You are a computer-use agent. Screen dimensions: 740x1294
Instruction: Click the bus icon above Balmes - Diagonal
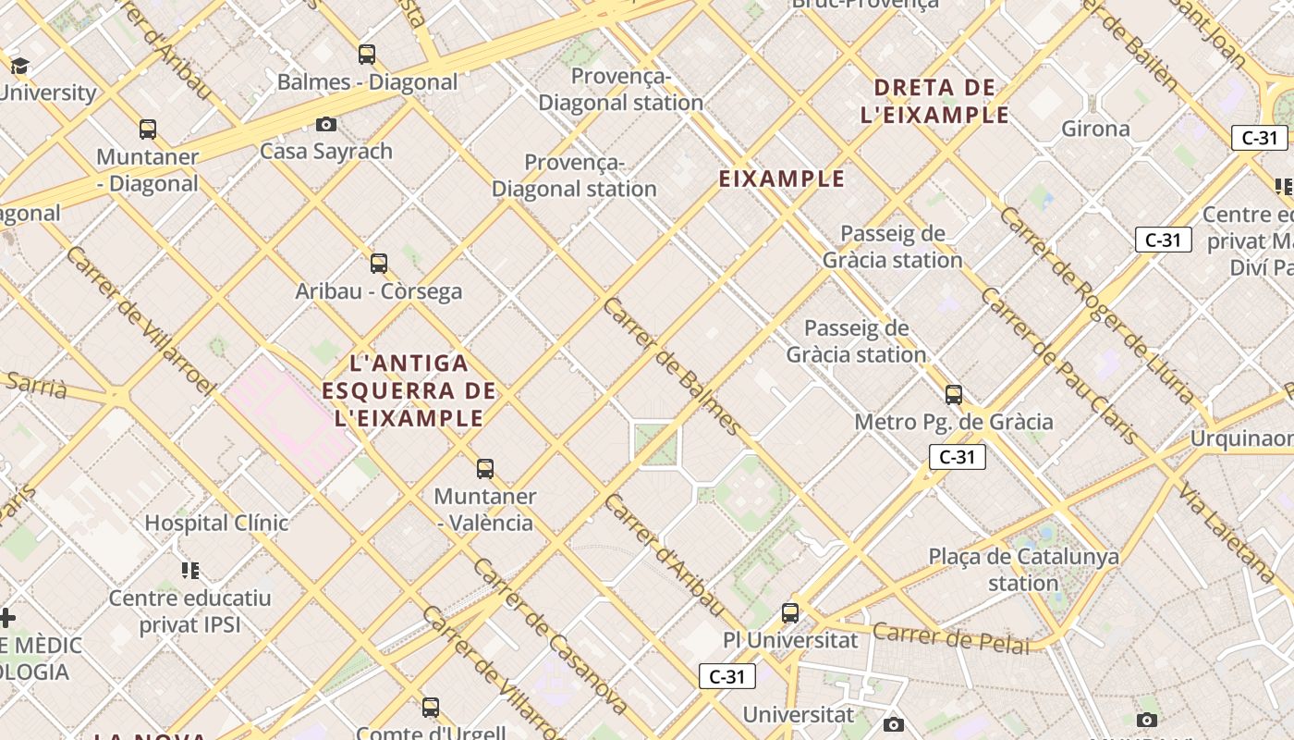[367, 54]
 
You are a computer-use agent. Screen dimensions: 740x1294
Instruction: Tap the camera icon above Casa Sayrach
[326, 124]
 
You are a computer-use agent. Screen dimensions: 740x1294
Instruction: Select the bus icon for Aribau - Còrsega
[379, 263]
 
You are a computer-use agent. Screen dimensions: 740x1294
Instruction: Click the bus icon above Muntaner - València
[485, 468]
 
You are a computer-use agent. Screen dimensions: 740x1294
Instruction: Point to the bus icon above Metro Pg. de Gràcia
[954, 395]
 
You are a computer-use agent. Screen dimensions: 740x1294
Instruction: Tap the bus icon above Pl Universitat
[790, 612]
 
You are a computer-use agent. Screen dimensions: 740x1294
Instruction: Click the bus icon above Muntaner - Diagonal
[148, 129]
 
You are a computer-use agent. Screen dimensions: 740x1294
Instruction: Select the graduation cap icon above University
[20, 66]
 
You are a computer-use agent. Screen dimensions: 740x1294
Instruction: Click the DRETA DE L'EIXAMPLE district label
[934, 102]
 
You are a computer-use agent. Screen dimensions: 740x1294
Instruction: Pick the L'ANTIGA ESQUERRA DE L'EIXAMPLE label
[409, 390]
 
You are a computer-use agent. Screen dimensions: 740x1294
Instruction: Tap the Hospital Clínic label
[216, 523]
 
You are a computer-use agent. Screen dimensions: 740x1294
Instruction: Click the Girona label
[1095, 129]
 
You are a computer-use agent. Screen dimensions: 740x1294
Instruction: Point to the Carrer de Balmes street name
[671, 366]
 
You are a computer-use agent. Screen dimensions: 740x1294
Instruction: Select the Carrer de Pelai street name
[950, 638]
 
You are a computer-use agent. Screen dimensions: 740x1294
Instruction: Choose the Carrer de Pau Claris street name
[1059, 366]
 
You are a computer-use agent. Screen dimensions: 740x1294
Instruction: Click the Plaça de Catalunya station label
[1023, 570]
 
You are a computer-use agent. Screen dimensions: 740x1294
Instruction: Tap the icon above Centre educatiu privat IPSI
[190, 570]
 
